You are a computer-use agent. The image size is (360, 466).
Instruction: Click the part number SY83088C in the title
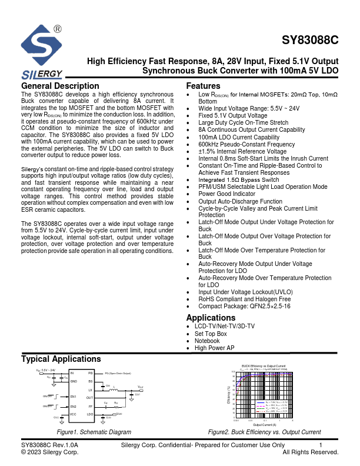click(x=310, y=41)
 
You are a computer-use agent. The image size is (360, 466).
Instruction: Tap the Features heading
click(x=203, y=86)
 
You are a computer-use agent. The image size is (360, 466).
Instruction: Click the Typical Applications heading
click(x=61, y=359)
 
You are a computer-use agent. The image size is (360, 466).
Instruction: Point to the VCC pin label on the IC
click(x=74, y=414)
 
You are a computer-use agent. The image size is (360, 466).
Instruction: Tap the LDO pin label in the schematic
click(x=90, y=414)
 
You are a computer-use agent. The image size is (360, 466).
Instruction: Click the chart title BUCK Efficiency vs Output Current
click(x=264, y=366)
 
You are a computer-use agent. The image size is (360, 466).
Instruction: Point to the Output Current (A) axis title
click(x=264, y=424)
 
